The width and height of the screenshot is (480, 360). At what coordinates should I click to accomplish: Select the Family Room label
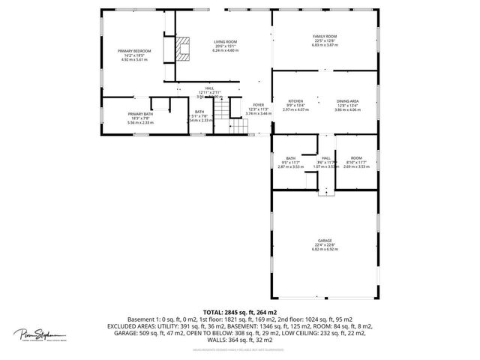pyautogui.click(x=325, y=36)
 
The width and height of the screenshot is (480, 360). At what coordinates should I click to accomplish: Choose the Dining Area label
pyautogui.click(x=346, y=100)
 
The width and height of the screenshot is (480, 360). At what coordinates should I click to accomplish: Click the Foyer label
pyautogui.click(x=258, y=104)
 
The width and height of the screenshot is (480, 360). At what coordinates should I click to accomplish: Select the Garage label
pyautogui.click(x=325, y=241)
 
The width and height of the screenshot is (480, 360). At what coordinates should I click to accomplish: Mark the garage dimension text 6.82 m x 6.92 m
pyautogui.click(x=325, y=250)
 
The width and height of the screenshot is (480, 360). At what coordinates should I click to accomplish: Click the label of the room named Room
pyautogui.click(x=356, y=157)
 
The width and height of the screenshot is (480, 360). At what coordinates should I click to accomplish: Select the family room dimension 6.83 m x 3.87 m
pyautogui.click(x=325, y=45)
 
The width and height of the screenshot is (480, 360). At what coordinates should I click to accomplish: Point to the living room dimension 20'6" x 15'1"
pyautogui.click(x=226, y=46)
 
